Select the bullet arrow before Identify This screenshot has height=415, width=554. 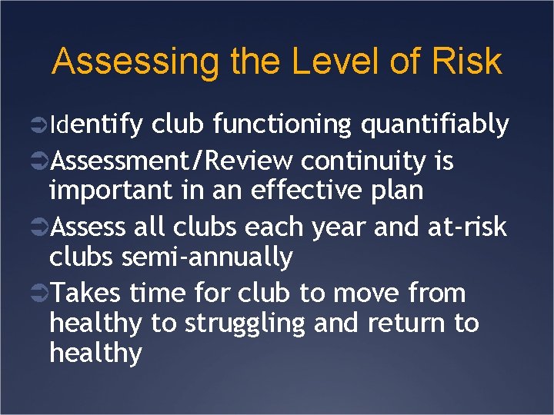tap(41, 124)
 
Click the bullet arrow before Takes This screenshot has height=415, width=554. tap(41, 294)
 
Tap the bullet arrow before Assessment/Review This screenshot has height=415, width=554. tap(41, 162)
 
